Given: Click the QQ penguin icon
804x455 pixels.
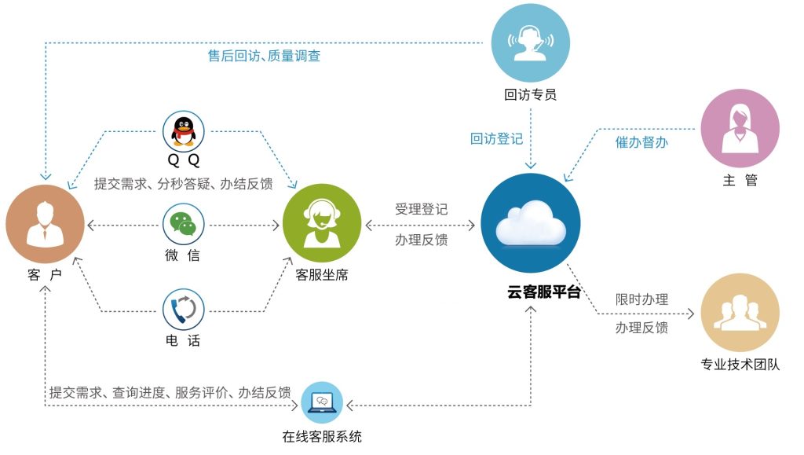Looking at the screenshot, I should click(x=184, y=130).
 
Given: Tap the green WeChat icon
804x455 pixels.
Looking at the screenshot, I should click(x=184, y=225).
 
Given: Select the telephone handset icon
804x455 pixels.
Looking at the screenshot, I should click(x=184, y=310).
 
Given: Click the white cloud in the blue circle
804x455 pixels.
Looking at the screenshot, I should click(x=532, y=224).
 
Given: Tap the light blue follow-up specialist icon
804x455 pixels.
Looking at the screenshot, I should click(x=531, y=43).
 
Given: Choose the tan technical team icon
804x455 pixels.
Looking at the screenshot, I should click(x=740, y=314).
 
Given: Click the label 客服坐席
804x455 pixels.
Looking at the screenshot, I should click(x=322, y=275).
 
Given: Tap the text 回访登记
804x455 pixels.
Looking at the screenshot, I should click(x=497, y=139).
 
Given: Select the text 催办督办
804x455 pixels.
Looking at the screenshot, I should click(x=641, y=142).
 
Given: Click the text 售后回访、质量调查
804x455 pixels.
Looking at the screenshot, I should click(x=264, y=56).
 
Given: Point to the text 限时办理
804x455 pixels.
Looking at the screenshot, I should click(x=641, y=299).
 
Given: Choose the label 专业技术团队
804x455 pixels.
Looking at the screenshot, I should click(x=740, y=365).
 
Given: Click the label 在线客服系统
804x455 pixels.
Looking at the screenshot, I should click(x=322, y=437).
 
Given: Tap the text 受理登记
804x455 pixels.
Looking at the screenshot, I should click(x=421, y=210).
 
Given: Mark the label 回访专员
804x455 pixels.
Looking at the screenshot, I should click(x=531, y=95).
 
